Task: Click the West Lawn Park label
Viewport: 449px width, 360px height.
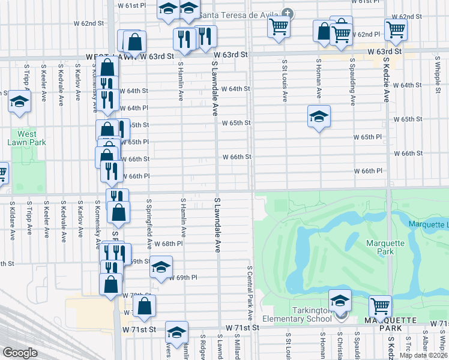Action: [26, 138]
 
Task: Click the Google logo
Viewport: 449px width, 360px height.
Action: [20, 353]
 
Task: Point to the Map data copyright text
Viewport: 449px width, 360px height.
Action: [423, 355]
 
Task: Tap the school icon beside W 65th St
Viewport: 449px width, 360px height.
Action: [319, 117]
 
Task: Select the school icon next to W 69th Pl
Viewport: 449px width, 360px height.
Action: [161, 267]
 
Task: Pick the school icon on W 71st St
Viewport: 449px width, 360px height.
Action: [176, 332]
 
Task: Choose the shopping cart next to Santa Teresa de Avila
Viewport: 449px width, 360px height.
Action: [279, 26]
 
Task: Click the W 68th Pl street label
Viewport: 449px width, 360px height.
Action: [168, 244]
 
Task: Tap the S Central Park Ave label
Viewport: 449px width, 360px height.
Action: [248, 293]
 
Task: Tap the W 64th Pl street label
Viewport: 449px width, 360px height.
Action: [134, 108]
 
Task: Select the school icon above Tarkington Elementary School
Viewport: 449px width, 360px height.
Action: [340, 301]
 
